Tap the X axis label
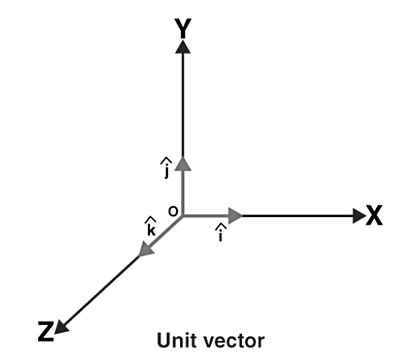[x=373, y=215]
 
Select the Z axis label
[x=45, y=331]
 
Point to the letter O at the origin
[x=172, y=212]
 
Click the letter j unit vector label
[x=166, y=171]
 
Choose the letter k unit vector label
[x=151, y=229]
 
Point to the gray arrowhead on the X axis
[x=235, y=215]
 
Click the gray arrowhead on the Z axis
[x=146, y=250]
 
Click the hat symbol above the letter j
[x=166, y=160]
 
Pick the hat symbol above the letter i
[x=220, y=228]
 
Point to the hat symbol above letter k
[x=151, y=219]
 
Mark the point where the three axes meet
[x=183, y=215]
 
